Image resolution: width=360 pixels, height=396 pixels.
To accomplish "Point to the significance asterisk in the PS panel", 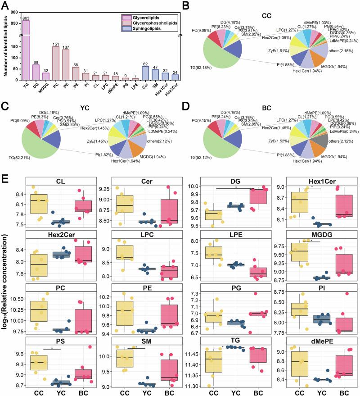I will [53, 348].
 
